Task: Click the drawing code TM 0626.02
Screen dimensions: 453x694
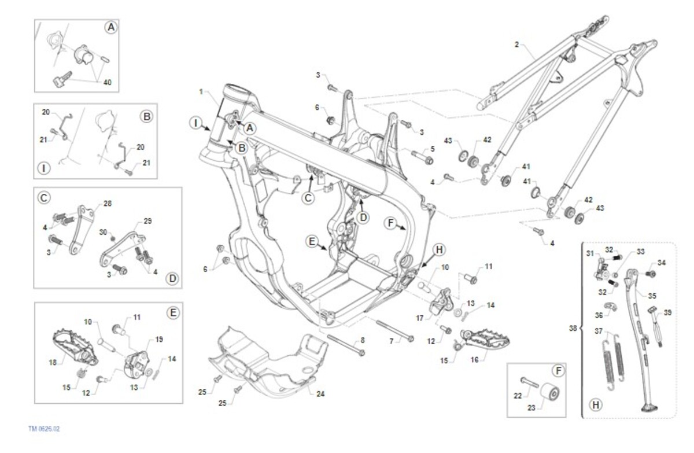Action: point(44,429)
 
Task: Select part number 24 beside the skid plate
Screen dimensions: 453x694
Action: point(320,393)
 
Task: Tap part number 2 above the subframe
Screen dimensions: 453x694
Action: point(516,43)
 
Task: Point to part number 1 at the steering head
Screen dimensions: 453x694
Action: point(201,91)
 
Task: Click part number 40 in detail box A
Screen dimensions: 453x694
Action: point(108,82)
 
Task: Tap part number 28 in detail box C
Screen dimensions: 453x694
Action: point(106,203)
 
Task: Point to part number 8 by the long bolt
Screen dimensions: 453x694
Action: point(363,340)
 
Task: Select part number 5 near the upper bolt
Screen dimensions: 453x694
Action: point(431,148)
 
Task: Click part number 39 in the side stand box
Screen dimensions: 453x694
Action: point(668,312)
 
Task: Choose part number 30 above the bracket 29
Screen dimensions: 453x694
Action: point(104,232)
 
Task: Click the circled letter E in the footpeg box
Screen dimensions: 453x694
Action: point(173,312)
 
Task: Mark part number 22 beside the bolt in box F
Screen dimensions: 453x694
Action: point(518,395)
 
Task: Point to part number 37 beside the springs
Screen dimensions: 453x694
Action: point(599,331)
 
